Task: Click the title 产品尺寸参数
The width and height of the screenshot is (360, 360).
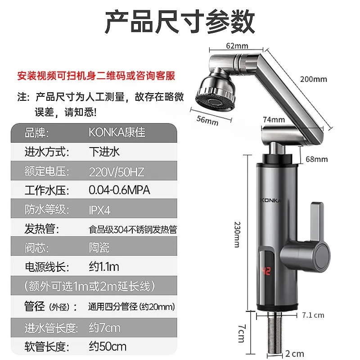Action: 180,22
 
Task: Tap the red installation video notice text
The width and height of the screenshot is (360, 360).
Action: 96,75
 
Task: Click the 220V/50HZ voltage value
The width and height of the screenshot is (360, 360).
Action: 117,171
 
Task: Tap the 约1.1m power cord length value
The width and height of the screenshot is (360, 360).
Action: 104,267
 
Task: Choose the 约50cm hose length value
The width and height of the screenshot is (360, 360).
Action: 108,346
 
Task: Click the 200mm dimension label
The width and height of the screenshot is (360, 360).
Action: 313,80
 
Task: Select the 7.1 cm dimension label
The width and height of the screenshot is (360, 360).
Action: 314,315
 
